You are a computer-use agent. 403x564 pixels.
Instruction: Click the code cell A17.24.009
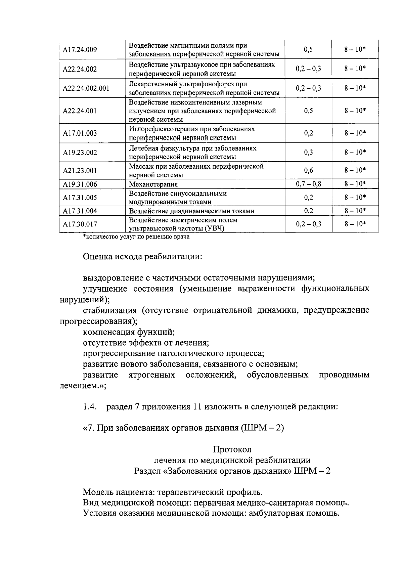pyautogui.click(x=80, y=50)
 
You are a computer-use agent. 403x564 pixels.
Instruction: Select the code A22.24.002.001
pyautogui.click(x=86, y=88)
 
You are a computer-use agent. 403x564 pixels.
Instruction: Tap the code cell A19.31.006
pyautogui.click(x=80, y=184)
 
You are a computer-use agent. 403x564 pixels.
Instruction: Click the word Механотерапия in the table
pyautogui.click(x=153, y=184)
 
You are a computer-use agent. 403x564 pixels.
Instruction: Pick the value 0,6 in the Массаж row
pyautogui.click(x=309, y=170)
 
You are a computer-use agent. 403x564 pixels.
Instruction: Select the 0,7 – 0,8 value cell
pyautogui.click(x=309, y=184)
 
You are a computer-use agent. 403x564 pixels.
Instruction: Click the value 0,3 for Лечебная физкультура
pyautogui.click(x=309, y=153)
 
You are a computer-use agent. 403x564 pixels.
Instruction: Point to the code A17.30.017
pyautogui.click(x=80, y=224)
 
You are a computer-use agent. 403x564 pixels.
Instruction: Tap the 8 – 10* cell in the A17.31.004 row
pyautogui.click(x=355, y=211)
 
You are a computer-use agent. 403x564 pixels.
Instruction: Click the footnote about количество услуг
pyautogui.click(x=136, y=237)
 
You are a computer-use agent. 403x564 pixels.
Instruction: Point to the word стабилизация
pyautogui.click(x=110, y=310)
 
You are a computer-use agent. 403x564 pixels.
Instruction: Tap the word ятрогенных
pyautogui.click(x=152, y=375)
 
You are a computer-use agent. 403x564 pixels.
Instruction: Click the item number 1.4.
pyautogui.click(x=90, y=407)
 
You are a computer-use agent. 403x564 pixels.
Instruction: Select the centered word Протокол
pyautogui.click(x=232, y=449)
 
